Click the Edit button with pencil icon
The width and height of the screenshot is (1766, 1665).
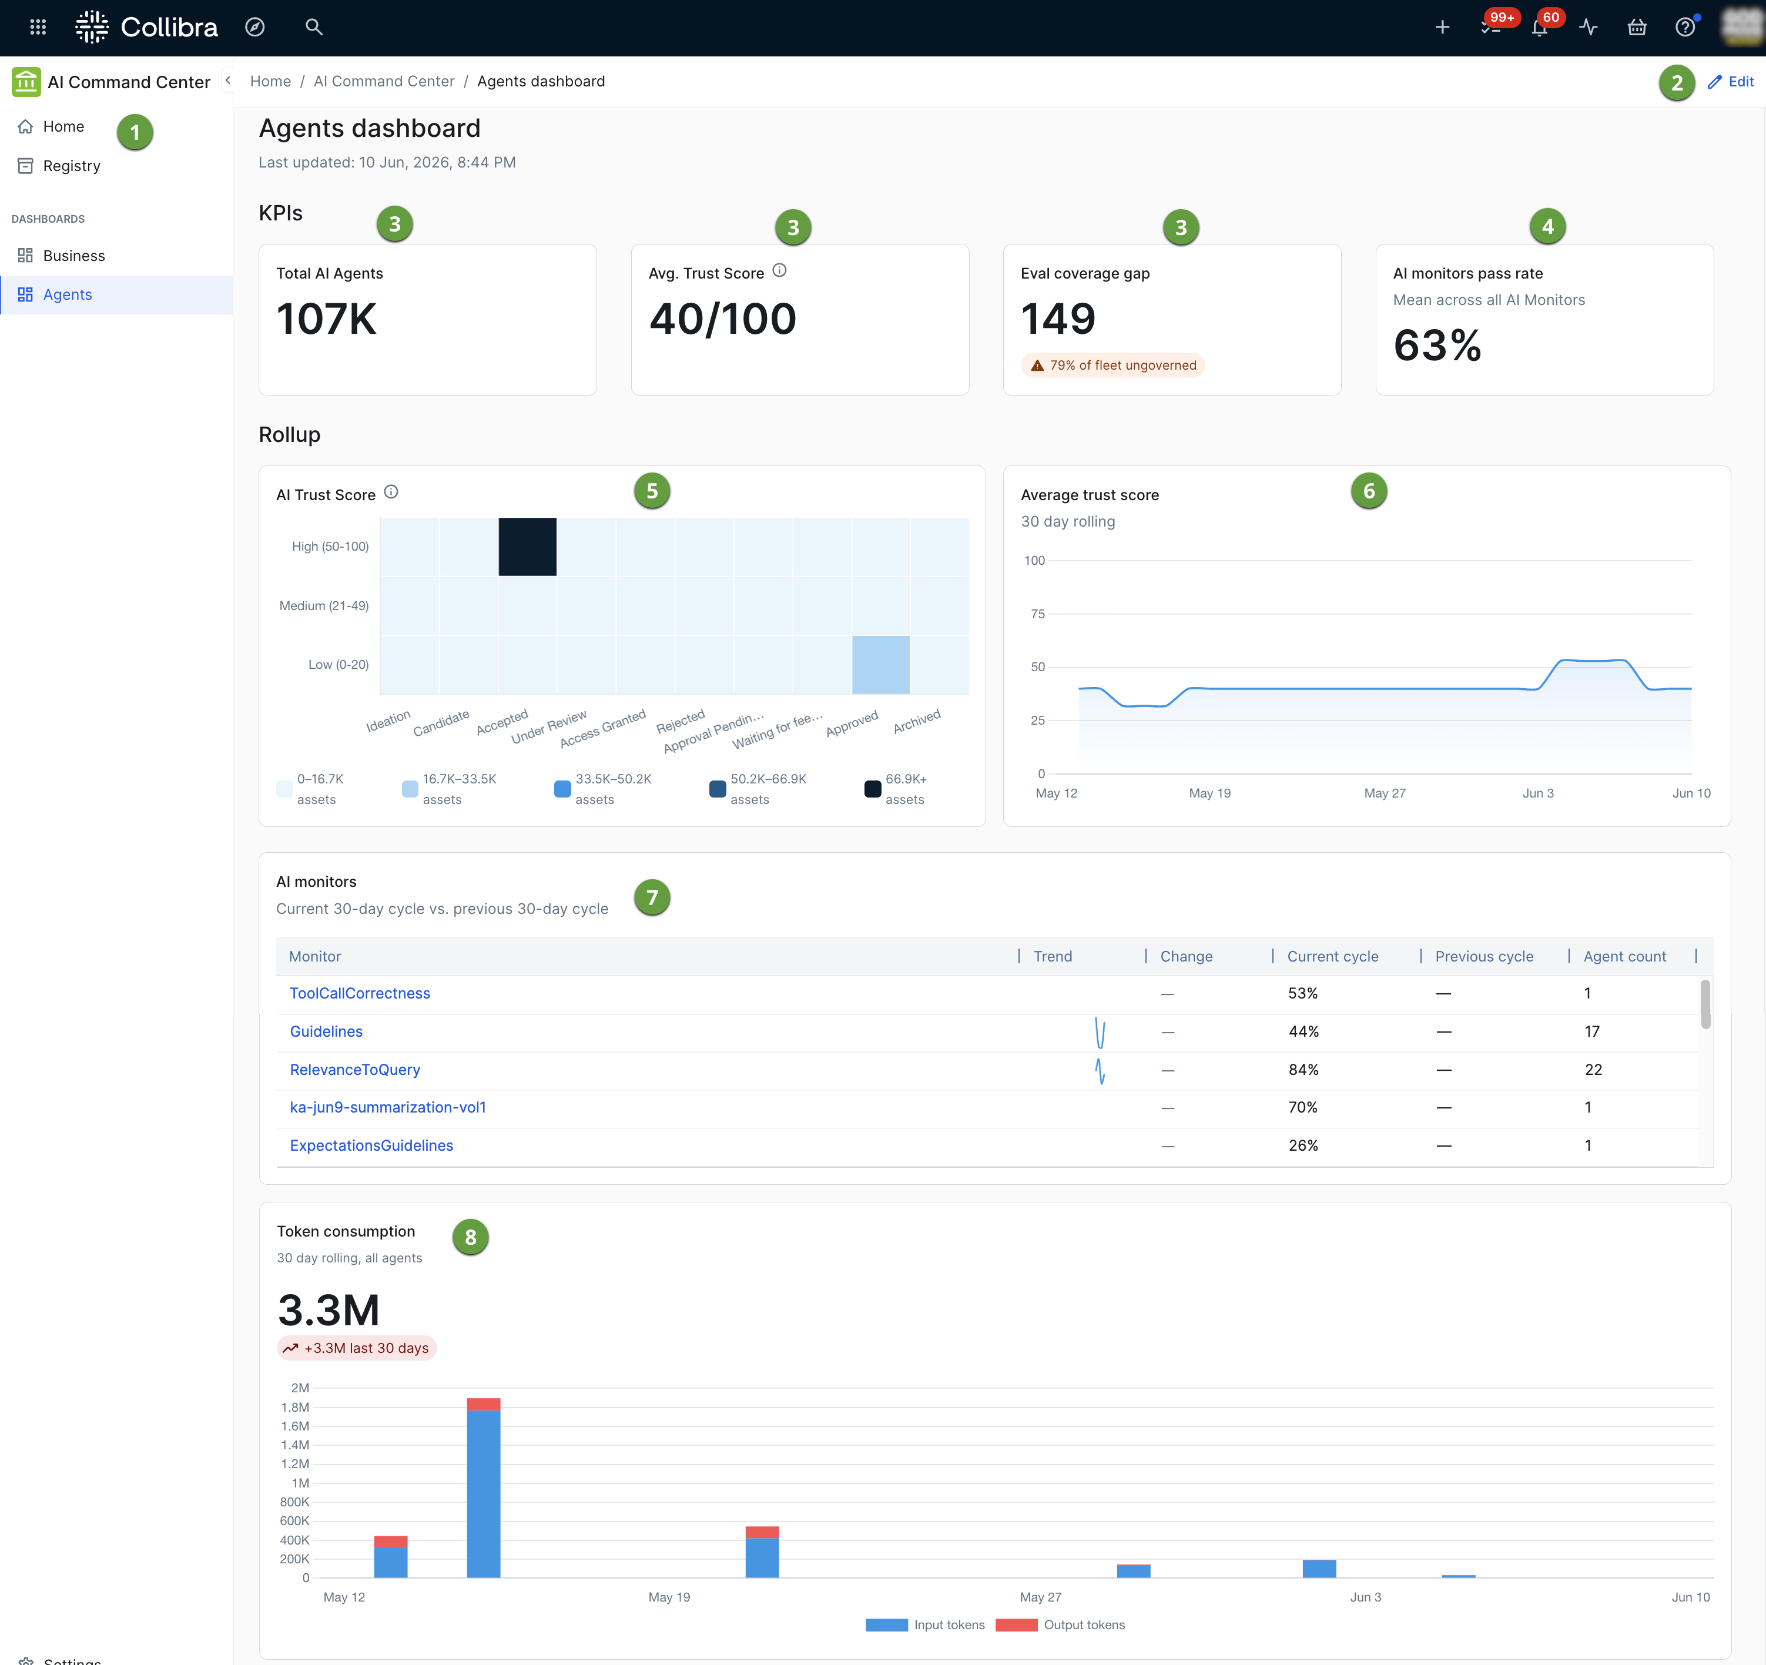(1731, 82)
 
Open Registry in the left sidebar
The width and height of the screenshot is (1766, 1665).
(71, 166)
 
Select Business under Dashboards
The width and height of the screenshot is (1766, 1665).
(73, 256)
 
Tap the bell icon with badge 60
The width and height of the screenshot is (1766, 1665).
(1540, 28)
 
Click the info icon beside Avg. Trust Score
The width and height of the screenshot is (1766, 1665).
(779, 270)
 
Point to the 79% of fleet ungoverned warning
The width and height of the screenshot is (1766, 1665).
(1113, 365)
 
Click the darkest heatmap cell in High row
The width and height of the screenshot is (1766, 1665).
(528, 547)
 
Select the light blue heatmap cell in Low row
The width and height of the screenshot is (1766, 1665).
(880, 665)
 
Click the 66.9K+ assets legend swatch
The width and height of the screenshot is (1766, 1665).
(872, 788)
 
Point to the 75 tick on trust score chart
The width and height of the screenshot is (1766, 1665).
(1037, 614)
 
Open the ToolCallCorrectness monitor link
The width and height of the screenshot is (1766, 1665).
(360, 993)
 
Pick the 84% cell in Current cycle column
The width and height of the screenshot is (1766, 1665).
(1303, 1070)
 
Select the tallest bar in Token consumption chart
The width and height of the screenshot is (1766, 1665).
(483, 1488)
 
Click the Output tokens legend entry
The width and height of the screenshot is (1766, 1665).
(1061, 1625)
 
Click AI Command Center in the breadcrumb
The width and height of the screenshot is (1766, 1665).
(384, 82)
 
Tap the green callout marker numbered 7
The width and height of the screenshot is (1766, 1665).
(652, 897)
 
